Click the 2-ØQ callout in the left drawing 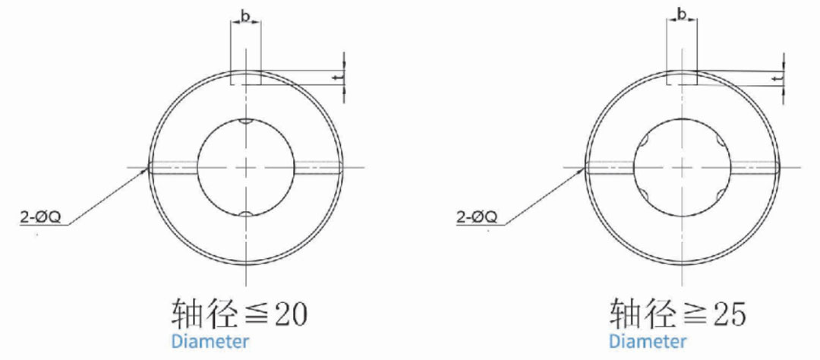pyautogui.click(x=40, y=218)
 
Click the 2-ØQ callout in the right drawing pyautogui.click(x=476, y=218)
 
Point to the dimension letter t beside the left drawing pyautogui.click(x=341, y=77)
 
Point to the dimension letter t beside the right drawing pyautogui.click(x=778, y=77)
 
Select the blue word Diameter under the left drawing pyautogui.click(x=210, y=343)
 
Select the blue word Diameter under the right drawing pyautogui.click(x=648, y=343)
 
